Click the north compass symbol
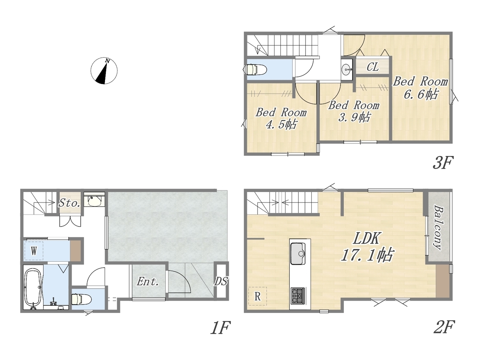(104, 70)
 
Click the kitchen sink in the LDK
(298, 253)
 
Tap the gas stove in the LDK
(298, 296)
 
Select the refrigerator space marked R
(258, 296)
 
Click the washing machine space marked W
(34, 251)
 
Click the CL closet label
(373, 67)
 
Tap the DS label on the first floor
(221, 281)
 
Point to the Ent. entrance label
(148, 282)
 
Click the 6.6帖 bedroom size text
(421, 94)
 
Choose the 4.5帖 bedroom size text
(281, 124)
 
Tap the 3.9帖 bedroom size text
(354, 117)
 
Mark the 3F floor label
(442, 162)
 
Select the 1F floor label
(220, 328)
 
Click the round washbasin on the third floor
(346, 69)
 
